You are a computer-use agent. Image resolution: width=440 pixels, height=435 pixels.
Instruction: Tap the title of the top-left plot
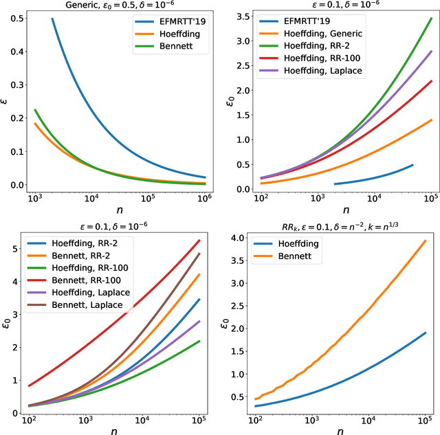tap(118, 5)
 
